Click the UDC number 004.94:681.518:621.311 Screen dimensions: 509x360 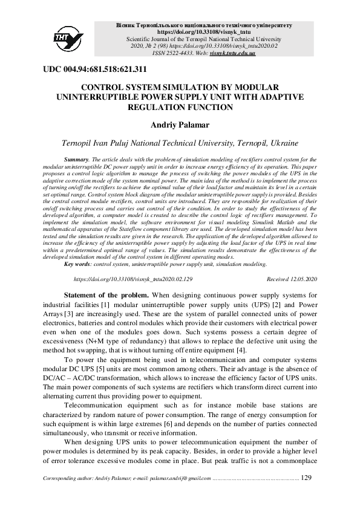95,69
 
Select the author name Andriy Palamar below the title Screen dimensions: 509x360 180,125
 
